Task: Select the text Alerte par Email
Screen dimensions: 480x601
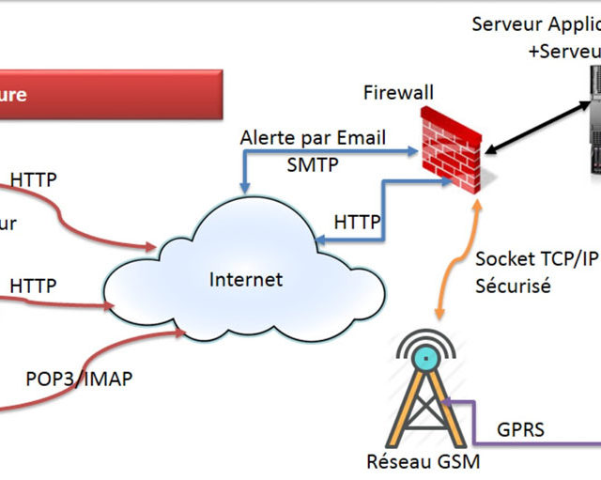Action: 313,137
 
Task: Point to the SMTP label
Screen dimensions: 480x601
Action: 313,164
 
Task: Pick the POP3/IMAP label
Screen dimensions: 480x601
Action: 79,379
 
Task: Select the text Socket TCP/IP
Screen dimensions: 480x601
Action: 536,258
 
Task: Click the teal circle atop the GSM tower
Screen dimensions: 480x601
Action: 427,357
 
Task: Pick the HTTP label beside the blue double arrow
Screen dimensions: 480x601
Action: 358,223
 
